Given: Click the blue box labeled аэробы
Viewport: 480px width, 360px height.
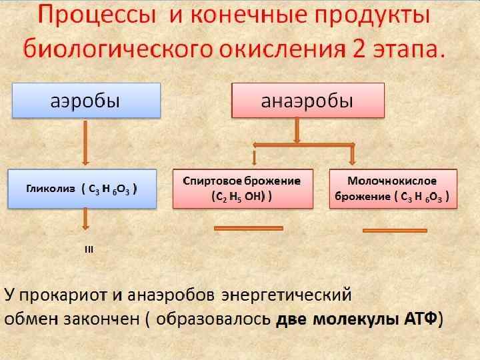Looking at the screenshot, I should tap(85, 101).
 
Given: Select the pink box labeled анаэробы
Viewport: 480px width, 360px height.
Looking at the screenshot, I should tap(307, 101).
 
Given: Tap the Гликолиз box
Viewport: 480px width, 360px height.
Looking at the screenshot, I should tap(81, 189).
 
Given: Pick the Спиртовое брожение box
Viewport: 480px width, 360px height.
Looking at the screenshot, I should tap(241, 189).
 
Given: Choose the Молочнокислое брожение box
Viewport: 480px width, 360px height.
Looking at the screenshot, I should tap(393, 189).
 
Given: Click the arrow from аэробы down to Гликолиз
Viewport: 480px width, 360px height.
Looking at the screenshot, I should tap(85, 143).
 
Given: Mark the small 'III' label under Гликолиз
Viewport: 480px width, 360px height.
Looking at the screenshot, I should tap(89, 250).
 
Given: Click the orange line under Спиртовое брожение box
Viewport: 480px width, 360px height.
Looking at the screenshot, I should tap(248, 229).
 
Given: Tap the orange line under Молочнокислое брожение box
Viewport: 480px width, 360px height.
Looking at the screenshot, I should tap(394, 231).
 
